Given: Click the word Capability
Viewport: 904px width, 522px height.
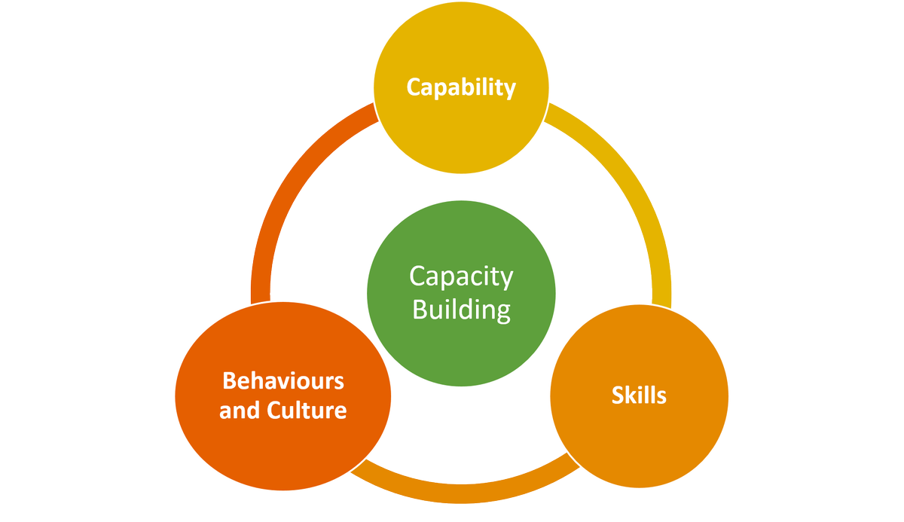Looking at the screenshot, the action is click(x=461, y=87).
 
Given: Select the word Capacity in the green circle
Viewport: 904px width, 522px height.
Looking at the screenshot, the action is click(x=461, y=277).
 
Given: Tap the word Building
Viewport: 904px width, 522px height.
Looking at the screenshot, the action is click(x=461, y=310).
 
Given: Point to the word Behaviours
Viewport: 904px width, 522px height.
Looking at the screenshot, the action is click(x=283, y=380).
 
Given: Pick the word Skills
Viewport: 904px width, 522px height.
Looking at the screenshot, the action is click(x=639, y=395).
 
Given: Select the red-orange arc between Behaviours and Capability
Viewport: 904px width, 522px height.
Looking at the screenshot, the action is click(x=294, y=181).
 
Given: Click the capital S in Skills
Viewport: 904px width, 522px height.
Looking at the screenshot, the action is click(x=617, y=395).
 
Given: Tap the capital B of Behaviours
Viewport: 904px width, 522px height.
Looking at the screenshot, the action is click(x=229, y=380).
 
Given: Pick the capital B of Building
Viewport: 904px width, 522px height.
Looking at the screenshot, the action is click(x=420, y=310).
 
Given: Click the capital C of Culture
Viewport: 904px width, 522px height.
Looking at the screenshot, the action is click(x=275, y=411).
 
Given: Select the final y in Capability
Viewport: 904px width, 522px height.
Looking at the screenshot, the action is click(x=510, y=90).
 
